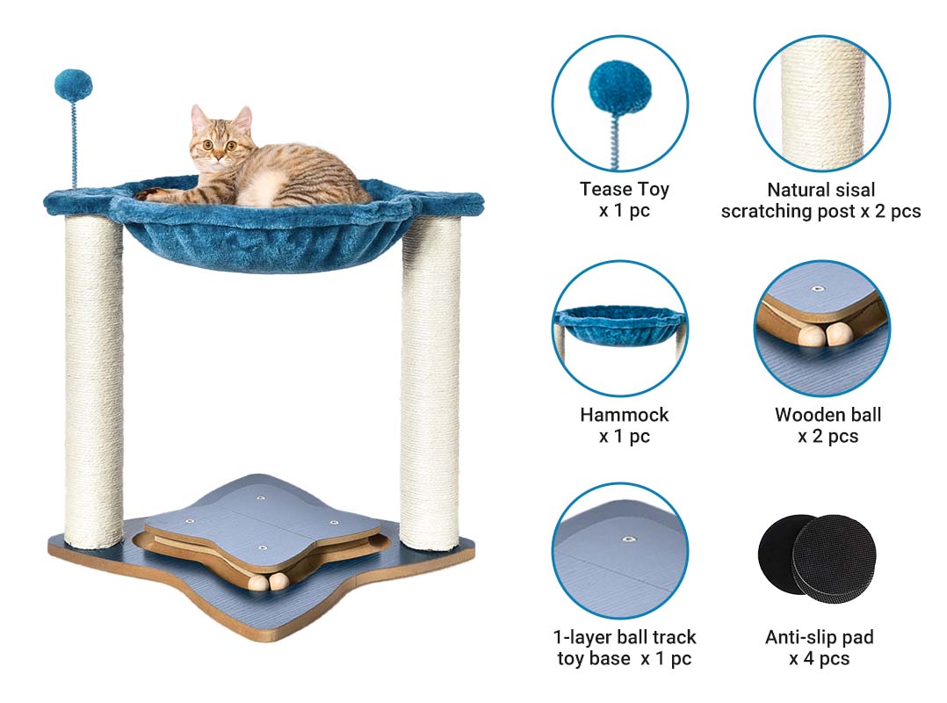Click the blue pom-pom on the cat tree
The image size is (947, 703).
[73, 86]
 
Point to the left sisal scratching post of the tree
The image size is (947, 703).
[94, 380]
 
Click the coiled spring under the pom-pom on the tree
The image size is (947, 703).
[75, 145]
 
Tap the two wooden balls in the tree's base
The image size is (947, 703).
[270, 583]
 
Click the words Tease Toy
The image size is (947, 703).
[625, 189]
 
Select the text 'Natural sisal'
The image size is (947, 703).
[820, 190]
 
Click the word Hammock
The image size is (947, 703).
[625, 414]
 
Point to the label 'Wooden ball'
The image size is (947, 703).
[828, 414]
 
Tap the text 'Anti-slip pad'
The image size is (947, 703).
[820, 636]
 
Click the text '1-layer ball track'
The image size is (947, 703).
[625, 636]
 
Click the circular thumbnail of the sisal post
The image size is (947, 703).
[822, 104]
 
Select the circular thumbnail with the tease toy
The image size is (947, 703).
[620, 104]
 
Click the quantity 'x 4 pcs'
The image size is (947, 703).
[820, 658]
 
